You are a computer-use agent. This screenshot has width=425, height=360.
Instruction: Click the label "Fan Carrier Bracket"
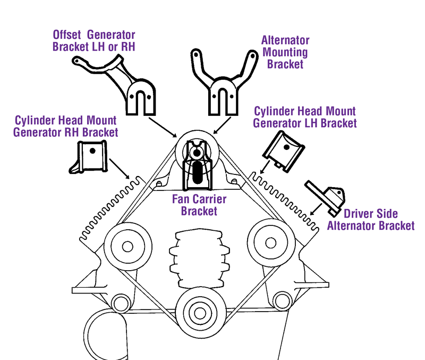pyautogui.click(x=199, y=205)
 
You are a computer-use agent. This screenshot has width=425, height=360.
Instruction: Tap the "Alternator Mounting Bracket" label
pyautogui.click(x=285, y=52)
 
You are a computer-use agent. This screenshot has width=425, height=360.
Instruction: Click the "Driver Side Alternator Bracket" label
pyautogui.click(x=370, y=220)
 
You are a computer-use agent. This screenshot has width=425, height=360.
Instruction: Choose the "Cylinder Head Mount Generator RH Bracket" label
pyautogui.click(x=66, y=125)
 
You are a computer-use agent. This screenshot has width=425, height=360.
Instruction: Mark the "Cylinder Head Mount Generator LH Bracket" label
pyautogui.click(x=304, y=117)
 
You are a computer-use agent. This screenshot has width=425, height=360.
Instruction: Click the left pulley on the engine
pyautogui.click(x=125, y=247)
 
